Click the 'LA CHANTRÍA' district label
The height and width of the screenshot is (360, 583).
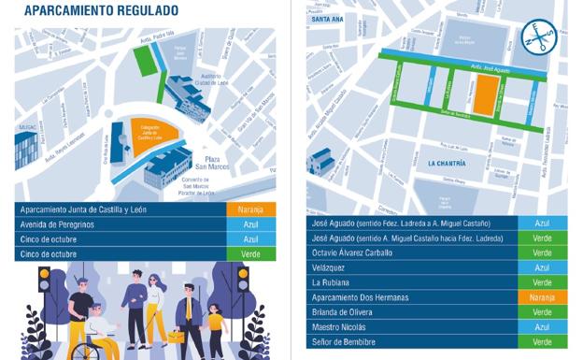447,162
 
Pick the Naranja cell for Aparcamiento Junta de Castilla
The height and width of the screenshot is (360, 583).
250,209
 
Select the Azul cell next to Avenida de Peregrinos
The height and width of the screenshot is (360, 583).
250,224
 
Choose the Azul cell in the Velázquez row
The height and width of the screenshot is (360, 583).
542,267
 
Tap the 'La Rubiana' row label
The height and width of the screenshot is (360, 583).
332,282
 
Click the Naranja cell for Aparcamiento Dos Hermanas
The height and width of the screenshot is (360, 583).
542,297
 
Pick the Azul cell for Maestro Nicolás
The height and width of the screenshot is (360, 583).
542,327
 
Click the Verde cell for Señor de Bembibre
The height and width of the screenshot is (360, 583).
542,342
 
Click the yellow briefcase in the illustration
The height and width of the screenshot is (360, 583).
177,336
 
